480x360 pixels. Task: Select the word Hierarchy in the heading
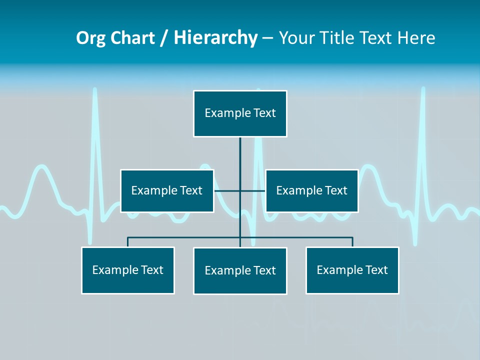pyautogui.click(x=215, y=37)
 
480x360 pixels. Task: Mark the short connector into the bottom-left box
pyautogui.click(x=128, y=242)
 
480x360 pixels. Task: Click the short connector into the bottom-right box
pyautogui.click(x=352, y=242)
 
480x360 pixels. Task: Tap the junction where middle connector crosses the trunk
pyautogui.click(x=240, y=190)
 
